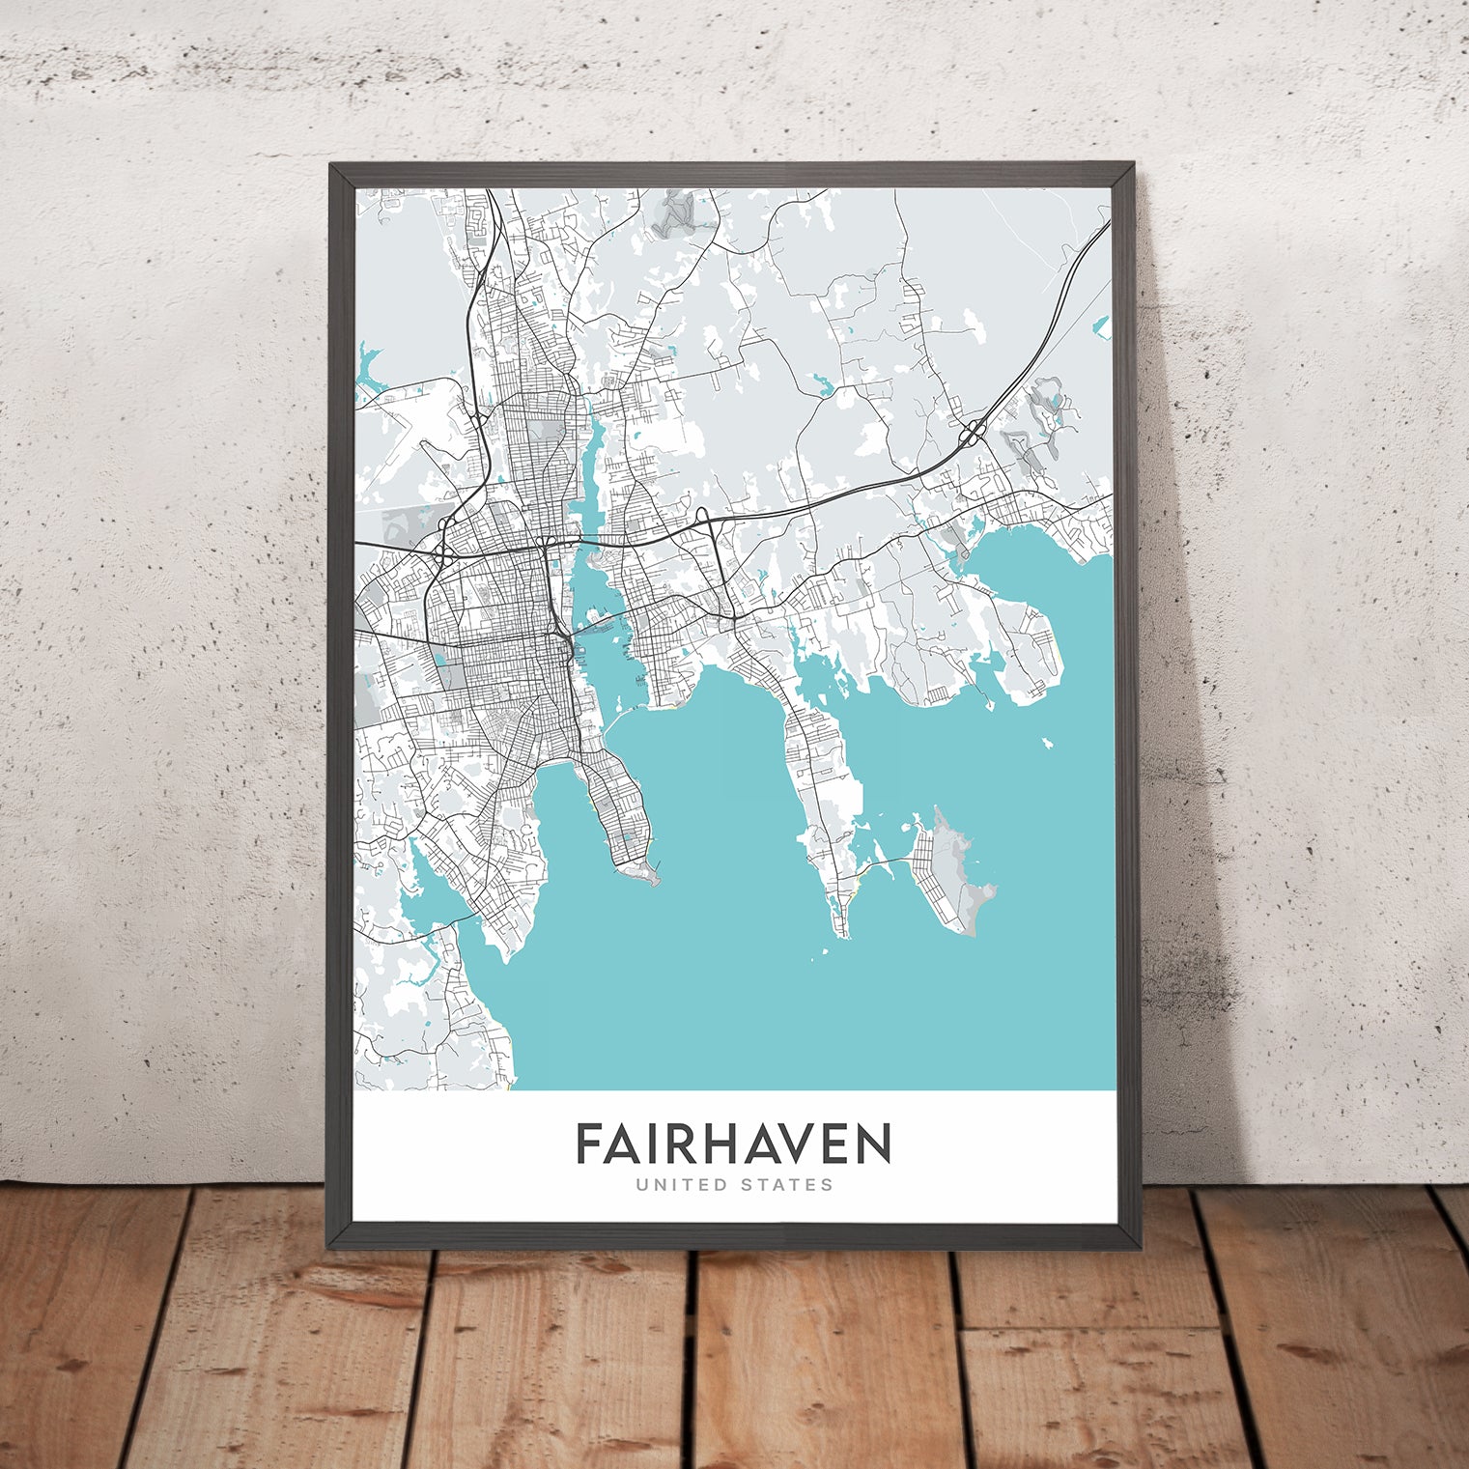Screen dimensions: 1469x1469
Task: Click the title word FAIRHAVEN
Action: tap(733, 1144)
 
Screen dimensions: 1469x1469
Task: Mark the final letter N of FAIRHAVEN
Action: tap(872, 1144)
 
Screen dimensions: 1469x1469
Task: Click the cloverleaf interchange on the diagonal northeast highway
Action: tap(971, 432)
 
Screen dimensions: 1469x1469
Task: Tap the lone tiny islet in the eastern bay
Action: tap(1046, 744)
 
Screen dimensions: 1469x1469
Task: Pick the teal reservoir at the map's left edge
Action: tap(368, 372)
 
